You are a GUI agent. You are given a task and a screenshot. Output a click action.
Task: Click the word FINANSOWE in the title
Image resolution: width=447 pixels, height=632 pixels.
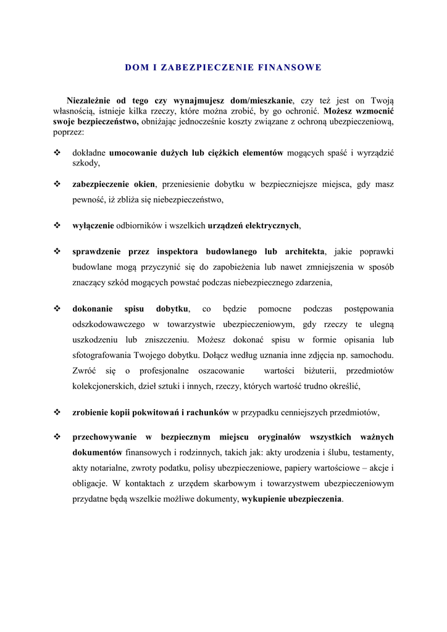click(x=290, y=67)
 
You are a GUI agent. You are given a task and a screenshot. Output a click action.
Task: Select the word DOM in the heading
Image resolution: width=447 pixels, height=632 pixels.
click(x=135, y=67)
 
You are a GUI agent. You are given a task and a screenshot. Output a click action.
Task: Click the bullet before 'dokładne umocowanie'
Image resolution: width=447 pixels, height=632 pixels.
click(x=57, y=152)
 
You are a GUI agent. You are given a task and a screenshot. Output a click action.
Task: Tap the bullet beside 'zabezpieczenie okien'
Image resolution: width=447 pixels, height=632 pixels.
click(x=57, y=184)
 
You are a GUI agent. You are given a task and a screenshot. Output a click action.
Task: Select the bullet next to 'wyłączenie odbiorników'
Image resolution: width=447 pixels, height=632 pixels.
click(x=57, y=225)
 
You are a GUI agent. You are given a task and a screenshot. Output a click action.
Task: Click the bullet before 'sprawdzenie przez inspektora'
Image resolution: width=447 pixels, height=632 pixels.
click(x=57, y=252)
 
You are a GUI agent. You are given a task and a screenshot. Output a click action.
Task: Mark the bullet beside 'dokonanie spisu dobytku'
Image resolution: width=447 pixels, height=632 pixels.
click(x=57, y=309)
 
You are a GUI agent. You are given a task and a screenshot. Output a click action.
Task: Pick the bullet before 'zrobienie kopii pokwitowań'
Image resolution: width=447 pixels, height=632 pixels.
click(x=57, y=412)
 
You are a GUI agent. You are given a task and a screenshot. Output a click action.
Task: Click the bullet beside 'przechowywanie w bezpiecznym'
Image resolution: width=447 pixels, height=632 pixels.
click(x=57, y=437)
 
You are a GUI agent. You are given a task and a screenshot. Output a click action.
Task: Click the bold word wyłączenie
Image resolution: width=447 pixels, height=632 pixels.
click(x=93, y=225)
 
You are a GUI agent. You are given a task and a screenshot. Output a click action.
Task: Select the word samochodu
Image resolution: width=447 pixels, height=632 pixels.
click(x=372, y=355)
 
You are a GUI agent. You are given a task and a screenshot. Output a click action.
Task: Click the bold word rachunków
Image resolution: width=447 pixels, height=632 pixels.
click(x=208, y=412)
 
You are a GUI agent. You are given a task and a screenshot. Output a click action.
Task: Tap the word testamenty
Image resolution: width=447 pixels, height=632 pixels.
click(x=371, y=452)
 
